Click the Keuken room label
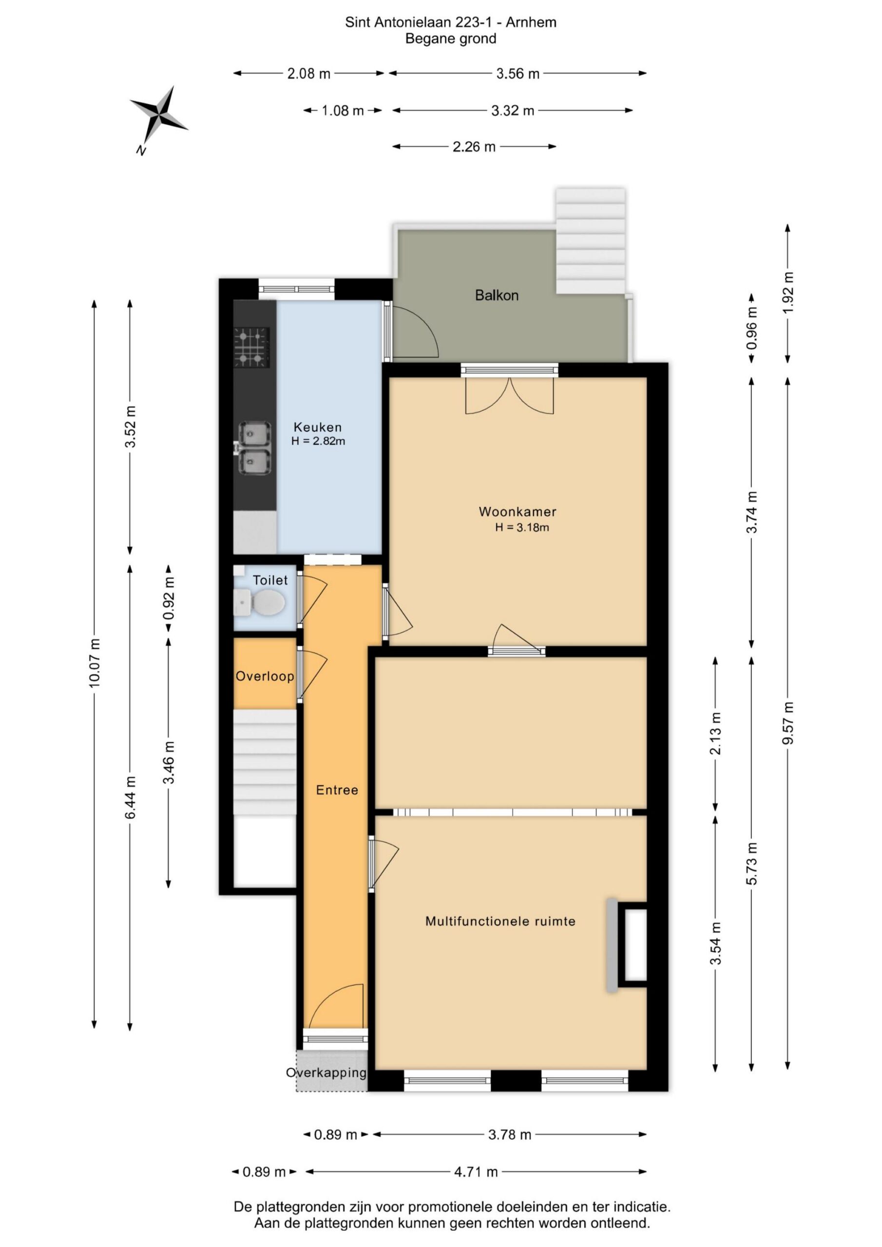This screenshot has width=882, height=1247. [x=318, y=427]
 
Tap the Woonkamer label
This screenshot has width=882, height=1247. [x=518, y=511]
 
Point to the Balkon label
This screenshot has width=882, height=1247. [x=497, y=296]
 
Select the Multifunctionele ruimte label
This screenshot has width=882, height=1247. [x=500, y=921]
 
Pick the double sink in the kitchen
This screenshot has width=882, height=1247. [x=253, y=448]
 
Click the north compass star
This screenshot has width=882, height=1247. [x=159, y=115]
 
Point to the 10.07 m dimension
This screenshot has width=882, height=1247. [x=95, y=662]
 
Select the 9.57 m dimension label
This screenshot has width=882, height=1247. [x=787, y=723]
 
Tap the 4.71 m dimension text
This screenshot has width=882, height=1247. [x=476, y=1171]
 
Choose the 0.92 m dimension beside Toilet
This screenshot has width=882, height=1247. [x=169, y=598]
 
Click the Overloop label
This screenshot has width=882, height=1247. [x=265, y=677]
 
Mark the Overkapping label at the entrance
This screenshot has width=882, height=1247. [x=326, y=1073]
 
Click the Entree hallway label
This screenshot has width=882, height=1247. [x=337, y=790]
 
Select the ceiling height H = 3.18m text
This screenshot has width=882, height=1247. [x=522, y=527]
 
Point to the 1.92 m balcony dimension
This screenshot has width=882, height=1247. [x=787, y=292]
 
